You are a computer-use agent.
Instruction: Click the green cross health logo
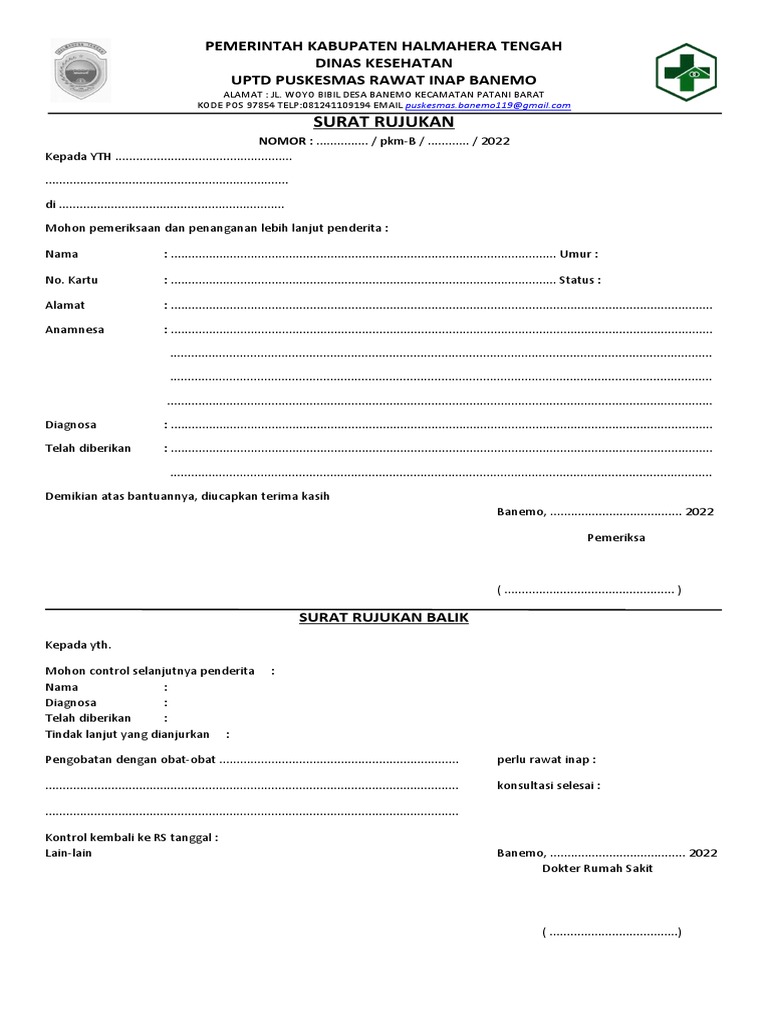(686, 73)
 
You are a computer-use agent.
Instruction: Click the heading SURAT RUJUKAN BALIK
(384, 618)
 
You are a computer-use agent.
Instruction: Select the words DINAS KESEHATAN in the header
(384, 63)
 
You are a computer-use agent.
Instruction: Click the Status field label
(579, 280)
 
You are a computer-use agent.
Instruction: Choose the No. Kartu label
(71, 280)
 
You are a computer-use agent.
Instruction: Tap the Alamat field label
(65, 305)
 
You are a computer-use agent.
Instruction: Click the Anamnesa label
(75, 329)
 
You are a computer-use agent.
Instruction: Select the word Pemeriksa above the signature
(615, 537)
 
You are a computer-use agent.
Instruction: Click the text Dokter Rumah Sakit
(597, 869)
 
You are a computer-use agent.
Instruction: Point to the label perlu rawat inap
(545, 760)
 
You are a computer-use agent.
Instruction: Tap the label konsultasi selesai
(548, 785)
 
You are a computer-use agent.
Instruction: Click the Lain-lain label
(69, 853)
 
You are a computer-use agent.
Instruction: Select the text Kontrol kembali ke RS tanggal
(131, 837)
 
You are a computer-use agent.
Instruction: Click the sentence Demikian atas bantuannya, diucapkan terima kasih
(187, 496)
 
